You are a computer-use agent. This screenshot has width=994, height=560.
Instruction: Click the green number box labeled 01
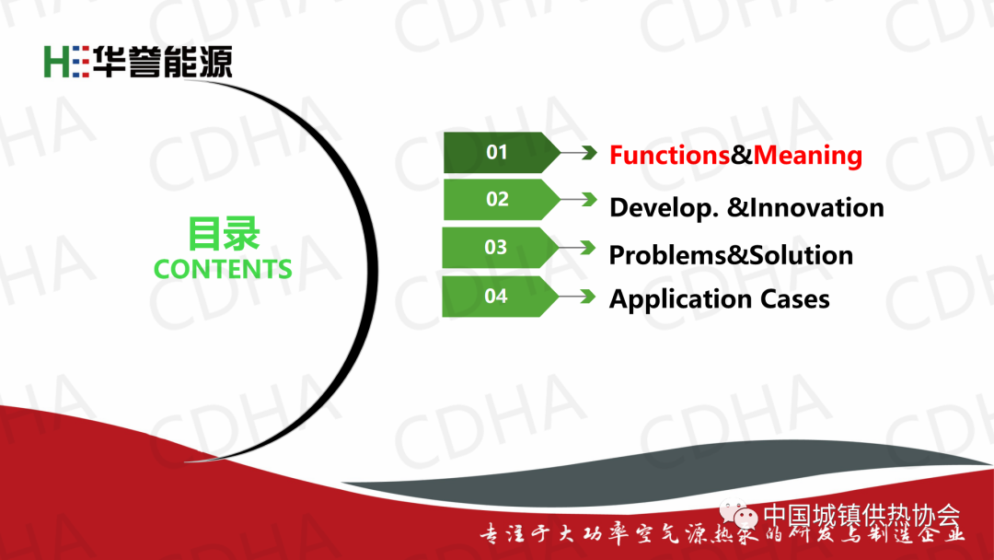pyautogui.click(x=501, y=152)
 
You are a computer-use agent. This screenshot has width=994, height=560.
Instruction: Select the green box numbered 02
pyautogui.click(x=501, y=199)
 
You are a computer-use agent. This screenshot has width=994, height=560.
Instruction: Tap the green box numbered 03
pyautogui.click(x=500, y=248)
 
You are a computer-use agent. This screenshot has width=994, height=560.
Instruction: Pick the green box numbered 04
pyautogui.click(x=500, y=297)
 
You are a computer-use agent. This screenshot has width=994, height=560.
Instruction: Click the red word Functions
pyautogui.click(x=669, y=155)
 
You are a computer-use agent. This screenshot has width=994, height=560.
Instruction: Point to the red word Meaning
pyautogui.click(x=808, y=156)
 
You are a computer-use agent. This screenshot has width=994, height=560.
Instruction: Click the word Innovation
pyautogui.click(x=817, y=207)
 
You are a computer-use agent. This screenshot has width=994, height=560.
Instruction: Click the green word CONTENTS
pyautogui.click(x=223, y=269)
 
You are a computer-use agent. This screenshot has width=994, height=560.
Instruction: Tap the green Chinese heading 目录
pyautogui.click(x=223, y=234)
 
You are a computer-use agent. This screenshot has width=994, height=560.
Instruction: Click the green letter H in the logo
pyautogui.click(x=56, y=62)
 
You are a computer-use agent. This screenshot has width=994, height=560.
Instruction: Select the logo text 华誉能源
pyautogui.click(x=163, y=62)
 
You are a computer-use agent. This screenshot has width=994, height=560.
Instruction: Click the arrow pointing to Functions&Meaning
pyautogui.click(x=578, y=152)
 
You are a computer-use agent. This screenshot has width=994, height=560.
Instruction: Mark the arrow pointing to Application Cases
pyautogui.click(x=577, y=297)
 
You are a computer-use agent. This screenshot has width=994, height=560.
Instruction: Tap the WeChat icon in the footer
pyautogui.click(x=738, y=514)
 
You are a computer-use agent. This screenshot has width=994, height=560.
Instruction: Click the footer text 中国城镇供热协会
pyautogui.click(x=861, y=515)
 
